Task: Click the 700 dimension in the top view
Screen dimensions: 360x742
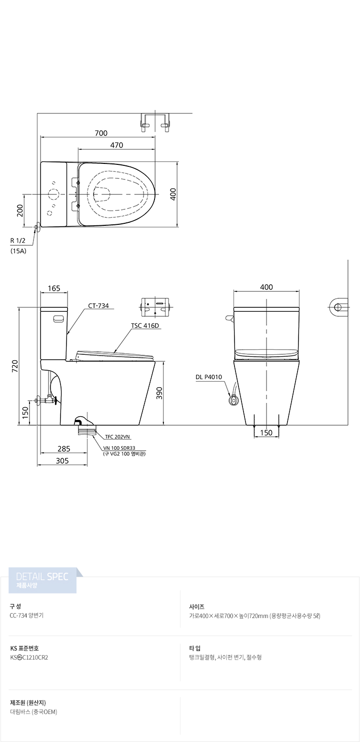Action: coord(101,133)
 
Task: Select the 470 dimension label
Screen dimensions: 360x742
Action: coord(116,145)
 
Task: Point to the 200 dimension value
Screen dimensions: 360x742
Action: coord(20,210)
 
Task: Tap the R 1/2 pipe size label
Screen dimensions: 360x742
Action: coord(18,241)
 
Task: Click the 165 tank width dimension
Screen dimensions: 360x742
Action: coord(54,288)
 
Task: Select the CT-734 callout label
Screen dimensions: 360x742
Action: coord(98,306)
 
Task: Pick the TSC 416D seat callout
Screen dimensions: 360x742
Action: coord(145,326)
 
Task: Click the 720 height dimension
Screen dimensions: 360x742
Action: coord(15,366)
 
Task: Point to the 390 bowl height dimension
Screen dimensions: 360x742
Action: coord(159,393)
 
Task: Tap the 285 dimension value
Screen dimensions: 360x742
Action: coord(64,449)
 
